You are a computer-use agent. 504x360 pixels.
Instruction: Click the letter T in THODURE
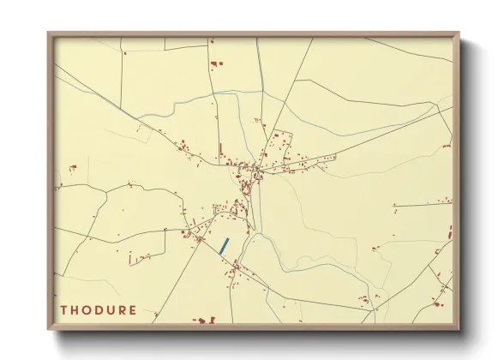coord(64,309)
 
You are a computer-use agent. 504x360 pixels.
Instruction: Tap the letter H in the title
coord(76,309)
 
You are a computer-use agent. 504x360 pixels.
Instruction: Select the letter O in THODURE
coord(88,309)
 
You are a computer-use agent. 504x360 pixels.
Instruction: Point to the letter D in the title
coord(101,309)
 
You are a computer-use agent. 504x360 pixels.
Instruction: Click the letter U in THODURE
coord(113,309)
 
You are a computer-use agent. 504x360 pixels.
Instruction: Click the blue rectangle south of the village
coord(224,244)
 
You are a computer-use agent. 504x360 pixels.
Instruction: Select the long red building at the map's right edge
coord(449,232)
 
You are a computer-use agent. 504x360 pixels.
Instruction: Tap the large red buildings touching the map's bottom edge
coord(204,321)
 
